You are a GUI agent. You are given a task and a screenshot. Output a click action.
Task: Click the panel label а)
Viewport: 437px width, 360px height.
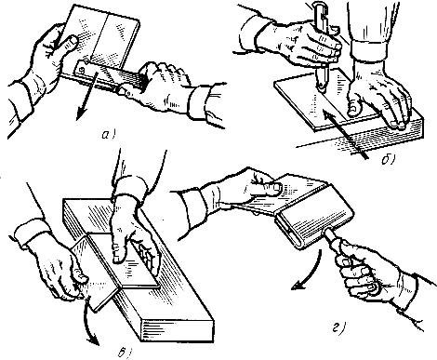[x=108, y=135]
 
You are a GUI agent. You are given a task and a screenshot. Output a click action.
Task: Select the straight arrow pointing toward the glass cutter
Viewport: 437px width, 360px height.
[x=344, y=135]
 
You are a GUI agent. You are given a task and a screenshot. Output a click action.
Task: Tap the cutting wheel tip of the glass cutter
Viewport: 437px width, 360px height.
[x=323, y=88]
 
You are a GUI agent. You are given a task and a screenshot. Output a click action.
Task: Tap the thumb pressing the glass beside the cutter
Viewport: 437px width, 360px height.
[x=354, y=106]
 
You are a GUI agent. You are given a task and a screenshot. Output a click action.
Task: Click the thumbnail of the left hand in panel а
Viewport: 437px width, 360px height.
[x=73, y=40]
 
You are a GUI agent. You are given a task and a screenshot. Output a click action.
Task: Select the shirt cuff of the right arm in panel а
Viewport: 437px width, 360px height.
[x=201, y=101]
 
